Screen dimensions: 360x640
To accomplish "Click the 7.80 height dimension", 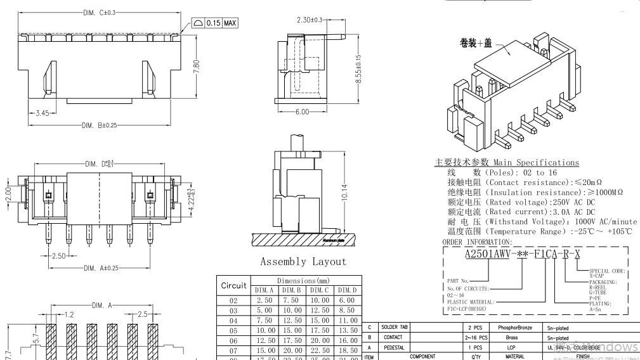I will (x=196, y=65).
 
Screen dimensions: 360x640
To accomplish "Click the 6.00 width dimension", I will (x=302, y=112).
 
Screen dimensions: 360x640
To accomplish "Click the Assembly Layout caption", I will (x=303, y=262).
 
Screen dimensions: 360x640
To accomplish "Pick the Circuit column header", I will (x=234, y=285).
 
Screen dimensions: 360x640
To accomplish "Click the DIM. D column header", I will (x=348, y=290).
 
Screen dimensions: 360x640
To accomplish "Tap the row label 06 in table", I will (x=234, y=341).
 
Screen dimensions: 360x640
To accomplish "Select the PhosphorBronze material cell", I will (x=516, y=327).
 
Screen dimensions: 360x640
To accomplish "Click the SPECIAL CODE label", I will (x=608, y=271).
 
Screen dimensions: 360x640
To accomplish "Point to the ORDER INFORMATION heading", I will (x=476, y=242).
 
